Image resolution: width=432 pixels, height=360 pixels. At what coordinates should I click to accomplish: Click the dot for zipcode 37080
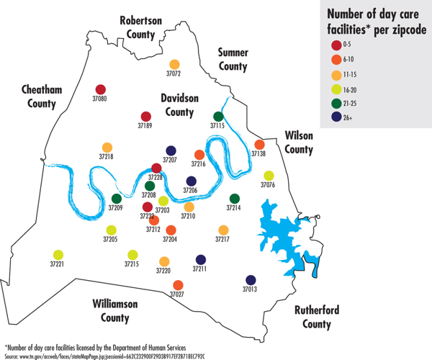coord(100,90)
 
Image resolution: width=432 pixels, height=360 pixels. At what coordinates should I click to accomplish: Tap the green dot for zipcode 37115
coord(218,116)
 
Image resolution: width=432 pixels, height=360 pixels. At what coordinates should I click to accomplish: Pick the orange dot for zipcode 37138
coord(259,145)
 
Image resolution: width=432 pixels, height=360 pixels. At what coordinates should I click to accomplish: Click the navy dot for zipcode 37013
coord(251,280)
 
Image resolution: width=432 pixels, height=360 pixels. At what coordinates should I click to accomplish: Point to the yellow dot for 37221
coord(58,255)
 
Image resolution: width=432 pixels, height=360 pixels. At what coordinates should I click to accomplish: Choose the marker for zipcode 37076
coord(269,176)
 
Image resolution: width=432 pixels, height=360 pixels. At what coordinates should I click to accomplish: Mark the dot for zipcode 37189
coord(145,117)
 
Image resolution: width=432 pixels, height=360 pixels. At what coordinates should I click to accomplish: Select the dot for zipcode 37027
coord(178,285)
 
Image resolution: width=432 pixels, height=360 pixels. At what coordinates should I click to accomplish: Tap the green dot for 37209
coord(116,199)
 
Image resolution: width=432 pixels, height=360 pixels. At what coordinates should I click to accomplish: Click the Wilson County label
coord(300,143)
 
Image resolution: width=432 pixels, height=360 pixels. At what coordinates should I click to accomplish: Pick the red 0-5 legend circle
coord(336,45)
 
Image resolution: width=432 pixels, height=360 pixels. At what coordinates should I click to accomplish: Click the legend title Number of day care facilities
coord(374,22)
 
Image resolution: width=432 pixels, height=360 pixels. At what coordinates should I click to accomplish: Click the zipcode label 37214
coord(234,208)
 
